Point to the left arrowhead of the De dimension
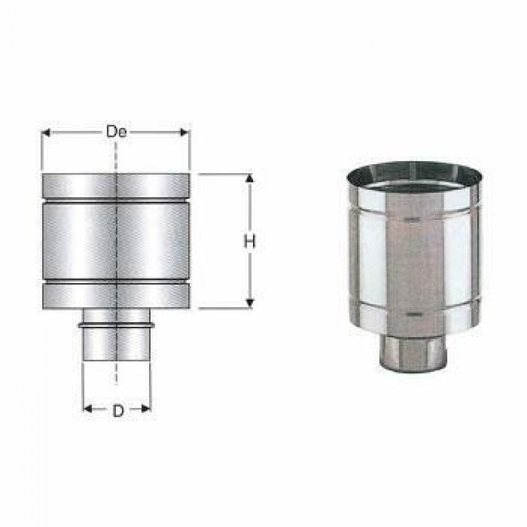tap(46, 132)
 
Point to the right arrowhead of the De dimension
tap(184, 132)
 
